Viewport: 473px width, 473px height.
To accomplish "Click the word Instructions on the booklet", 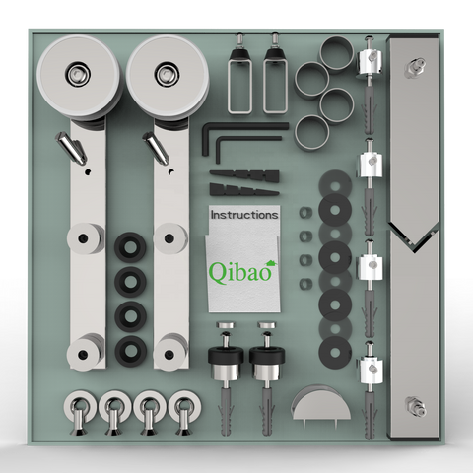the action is (x=244, y=215).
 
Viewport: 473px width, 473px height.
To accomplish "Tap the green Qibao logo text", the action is (x=241, y=271).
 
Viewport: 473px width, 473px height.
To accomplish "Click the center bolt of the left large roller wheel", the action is (x=77, y=73).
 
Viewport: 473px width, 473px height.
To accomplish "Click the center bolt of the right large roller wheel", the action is (x=166, y=74).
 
